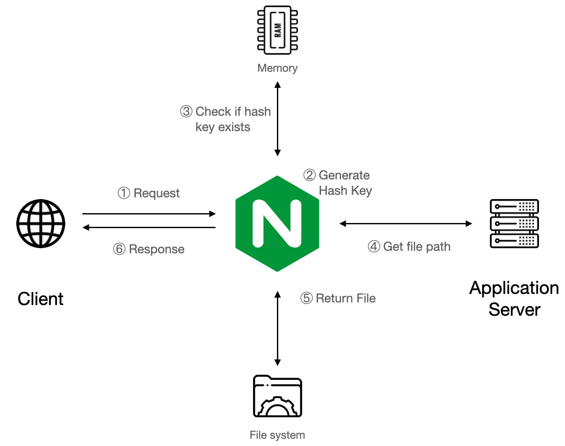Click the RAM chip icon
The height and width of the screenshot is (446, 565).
(277, 30)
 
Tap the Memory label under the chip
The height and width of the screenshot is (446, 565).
(277, 68)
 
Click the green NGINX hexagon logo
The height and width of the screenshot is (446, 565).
(277, 223)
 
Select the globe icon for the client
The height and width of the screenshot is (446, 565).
(41, 223)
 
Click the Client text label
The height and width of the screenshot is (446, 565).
(41, 299)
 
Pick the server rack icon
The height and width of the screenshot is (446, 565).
(514, 223)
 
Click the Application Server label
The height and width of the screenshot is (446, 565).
(514, 299)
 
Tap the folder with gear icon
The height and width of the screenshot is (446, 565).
(277, 396)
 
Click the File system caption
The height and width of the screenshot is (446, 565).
(277, 435)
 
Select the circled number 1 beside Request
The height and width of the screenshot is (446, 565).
(124, 193)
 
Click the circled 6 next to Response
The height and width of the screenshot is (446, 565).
(119, 249)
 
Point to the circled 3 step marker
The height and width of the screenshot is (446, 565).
(186, 111)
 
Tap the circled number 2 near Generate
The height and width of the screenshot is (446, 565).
(309, 175)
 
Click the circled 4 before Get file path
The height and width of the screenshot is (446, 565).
(374, 246)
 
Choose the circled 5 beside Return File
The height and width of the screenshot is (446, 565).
(306, 298)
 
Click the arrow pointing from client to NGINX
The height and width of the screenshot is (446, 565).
(149, 214)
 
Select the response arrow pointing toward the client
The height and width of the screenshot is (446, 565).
(149, 227)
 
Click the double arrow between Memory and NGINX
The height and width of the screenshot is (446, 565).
(277, 119)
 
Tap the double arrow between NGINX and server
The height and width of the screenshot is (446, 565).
(405, 223)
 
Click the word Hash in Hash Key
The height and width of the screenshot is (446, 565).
(333, 191)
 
